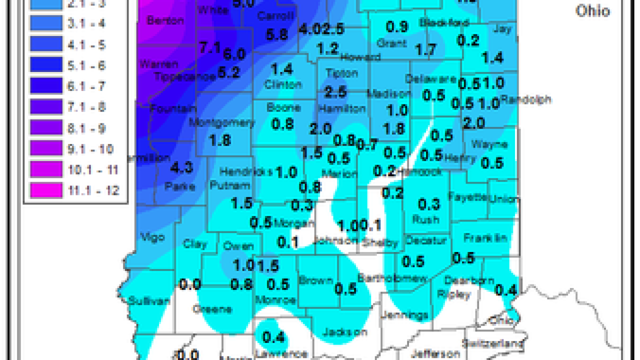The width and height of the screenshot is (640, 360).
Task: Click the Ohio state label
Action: (x=592, y=10)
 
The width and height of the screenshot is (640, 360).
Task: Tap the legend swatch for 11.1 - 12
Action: (x=46, y=190)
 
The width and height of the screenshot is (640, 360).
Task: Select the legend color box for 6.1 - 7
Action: (x=46, y=86)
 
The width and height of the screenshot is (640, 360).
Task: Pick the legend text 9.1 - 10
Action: (x=90, y=149)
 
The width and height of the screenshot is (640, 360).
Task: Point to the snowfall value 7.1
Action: (x=210, y=48)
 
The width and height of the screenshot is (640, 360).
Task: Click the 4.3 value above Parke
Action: (x=181, y=167)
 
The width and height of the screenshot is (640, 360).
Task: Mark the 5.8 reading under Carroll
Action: (x=277, y=34)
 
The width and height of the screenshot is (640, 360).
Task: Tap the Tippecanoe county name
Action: (x=184, y=76)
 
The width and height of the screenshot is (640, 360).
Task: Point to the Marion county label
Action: (x=340, y=174)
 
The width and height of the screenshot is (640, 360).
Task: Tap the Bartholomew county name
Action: (x=392, y=278)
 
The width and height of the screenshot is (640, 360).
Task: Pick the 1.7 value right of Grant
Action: (x=426, y=49)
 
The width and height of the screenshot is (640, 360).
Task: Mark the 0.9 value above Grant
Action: (x=397, y=26)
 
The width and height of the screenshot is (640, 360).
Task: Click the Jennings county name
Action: (x=404, y=315)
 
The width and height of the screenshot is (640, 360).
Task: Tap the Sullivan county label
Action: (x=142, y=301)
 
